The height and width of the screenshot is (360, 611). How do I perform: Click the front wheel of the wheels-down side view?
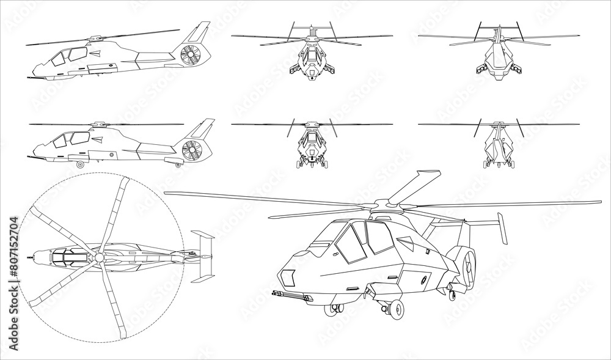point(79,165)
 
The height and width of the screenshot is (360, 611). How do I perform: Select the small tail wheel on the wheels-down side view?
point(178,164)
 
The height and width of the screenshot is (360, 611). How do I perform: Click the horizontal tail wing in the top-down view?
point(202,257)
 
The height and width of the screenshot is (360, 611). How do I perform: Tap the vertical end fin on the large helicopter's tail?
point(503,229)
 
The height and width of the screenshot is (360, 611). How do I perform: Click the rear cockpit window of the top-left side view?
point(78,54)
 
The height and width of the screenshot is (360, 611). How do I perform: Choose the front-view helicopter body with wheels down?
point(312,150)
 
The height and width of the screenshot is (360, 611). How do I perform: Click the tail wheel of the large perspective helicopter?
point(452,295)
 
